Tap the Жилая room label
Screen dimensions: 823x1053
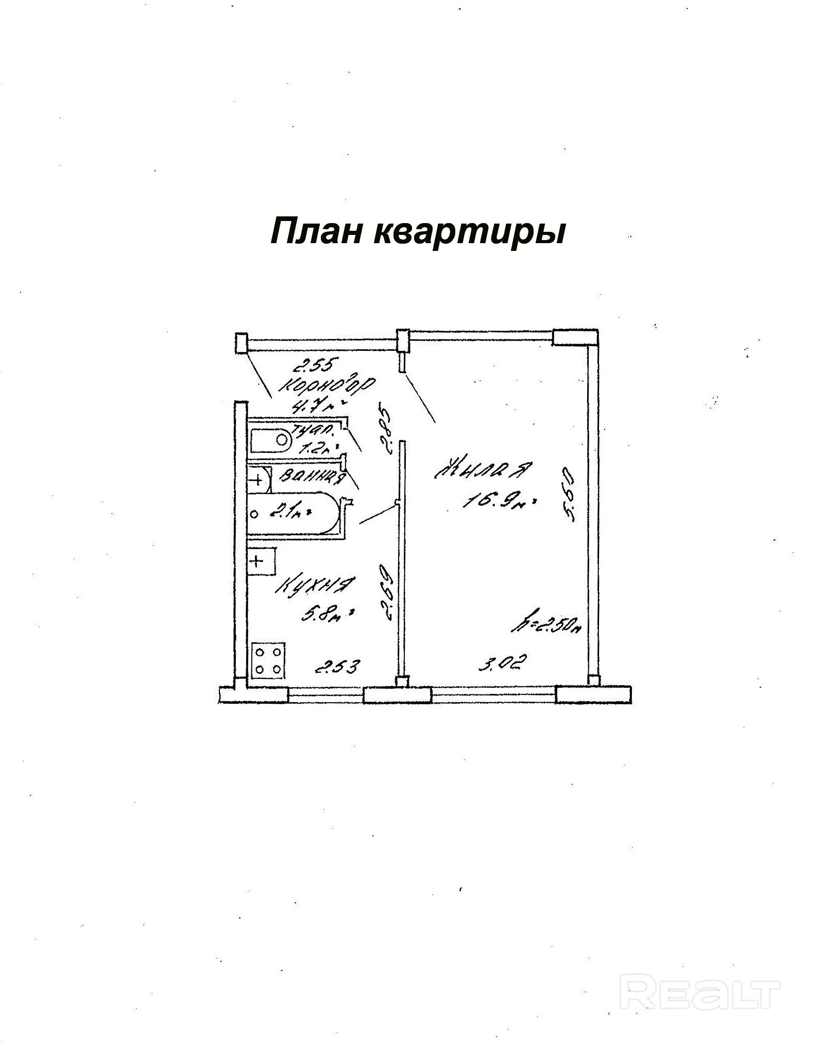click(483, 469)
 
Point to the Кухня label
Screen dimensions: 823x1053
click(316, 586)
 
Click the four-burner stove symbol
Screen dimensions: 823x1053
click(268, 660)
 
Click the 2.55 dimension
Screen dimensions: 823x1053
click(314, 366)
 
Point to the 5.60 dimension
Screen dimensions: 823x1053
click(568, 494)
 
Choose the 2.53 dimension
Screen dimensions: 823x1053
click(337, 667)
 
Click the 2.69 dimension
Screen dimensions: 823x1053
click(387, 592)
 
